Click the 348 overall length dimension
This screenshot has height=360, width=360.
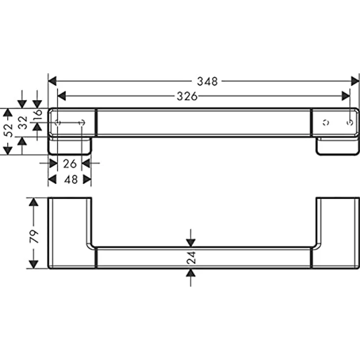click(207, 82)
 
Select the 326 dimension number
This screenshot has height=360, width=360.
click(187, 96)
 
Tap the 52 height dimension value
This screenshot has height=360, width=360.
click(8, 130)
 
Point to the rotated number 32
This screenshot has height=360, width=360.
click(23, 123)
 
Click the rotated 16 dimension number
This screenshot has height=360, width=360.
click(38, 113)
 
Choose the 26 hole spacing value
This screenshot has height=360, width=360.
click(70, 164)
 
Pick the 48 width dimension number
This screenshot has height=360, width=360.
click(71, 180)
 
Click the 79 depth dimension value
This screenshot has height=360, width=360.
click(34, 236)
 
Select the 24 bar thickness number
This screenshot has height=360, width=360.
click(191, 257)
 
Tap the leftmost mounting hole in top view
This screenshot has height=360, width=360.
click(57, 123)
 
